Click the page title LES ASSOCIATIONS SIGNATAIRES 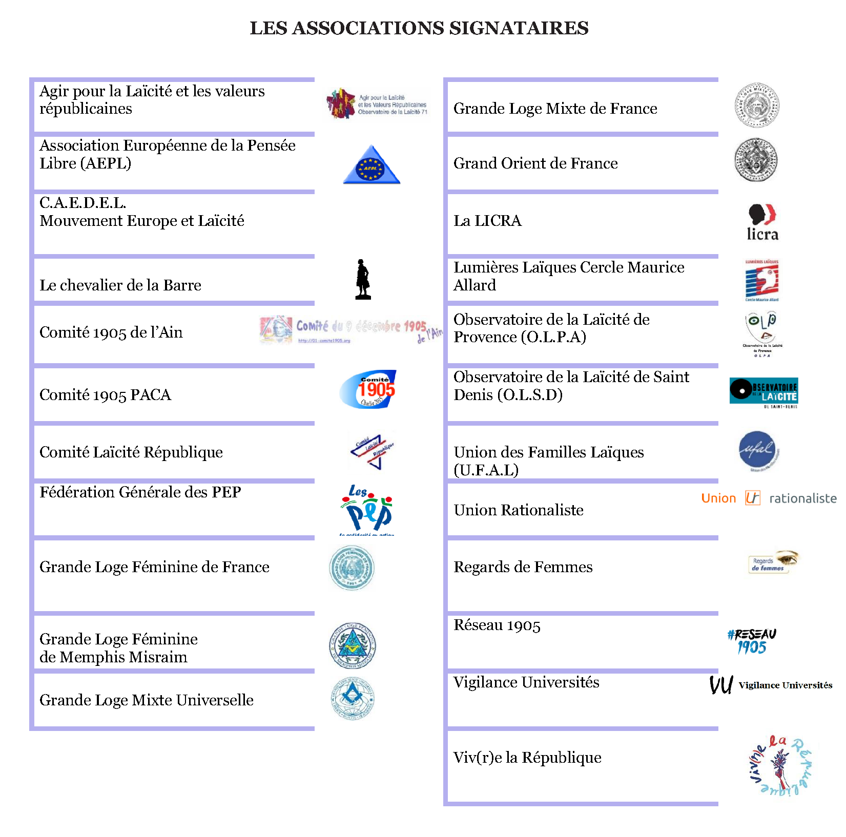(x=419, y=28)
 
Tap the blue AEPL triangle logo (x=372, y=165)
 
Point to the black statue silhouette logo (x=363, y=279)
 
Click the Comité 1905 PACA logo (x=368, y=389)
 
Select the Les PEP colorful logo (x=367, y=509)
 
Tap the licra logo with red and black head (x=762, y=222)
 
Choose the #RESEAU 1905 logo (x=752, y=641)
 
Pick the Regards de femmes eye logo (x=773, y=562)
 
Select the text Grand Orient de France (x=535, y=163)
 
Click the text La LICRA (x=487, y=221)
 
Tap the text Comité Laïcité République (x=131, y=452)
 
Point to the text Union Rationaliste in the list (x=519, y=510)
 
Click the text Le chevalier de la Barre (x=120, y=285)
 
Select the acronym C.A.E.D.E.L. (x=82, y=203)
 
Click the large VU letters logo (x=721, y=685)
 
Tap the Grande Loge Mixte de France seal (x=757, y=106)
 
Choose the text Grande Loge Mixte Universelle (x=147, y=700)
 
